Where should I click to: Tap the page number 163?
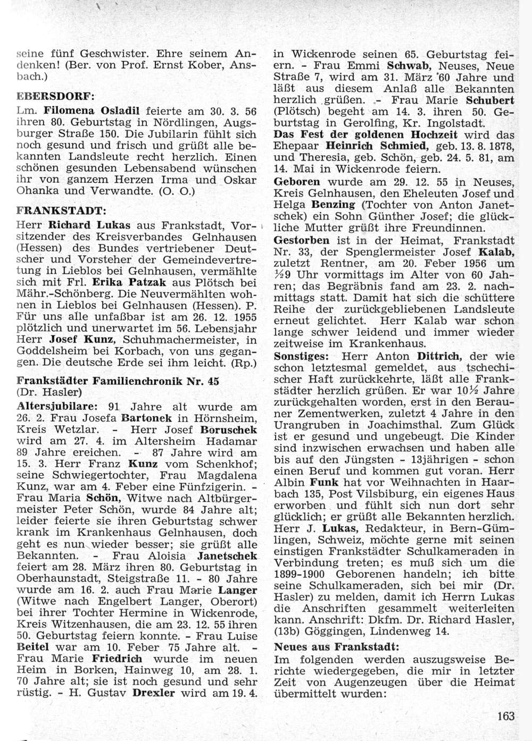[x=506, y=715]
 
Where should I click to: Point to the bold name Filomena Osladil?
[x=92, y=111]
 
